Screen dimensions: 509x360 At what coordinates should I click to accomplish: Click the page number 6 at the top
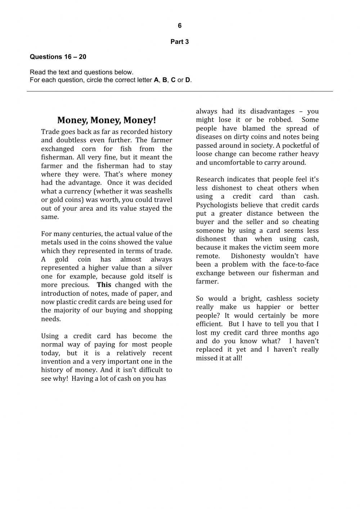pos(180,26)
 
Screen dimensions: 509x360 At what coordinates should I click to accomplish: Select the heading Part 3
pos(180,42)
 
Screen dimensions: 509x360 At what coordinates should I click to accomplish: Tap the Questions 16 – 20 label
pos(58,57)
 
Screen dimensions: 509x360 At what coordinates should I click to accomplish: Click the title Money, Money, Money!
pos(107,120)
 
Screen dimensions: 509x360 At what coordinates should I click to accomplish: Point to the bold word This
pos(104,285)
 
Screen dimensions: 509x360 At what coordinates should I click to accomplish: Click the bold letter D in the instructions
pos(188,80)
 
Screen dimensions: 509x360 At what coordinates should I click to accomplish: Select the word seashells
pos(157,191)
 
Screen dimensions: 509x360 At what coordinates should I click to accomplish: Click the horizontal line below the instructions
pos(180,91)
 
